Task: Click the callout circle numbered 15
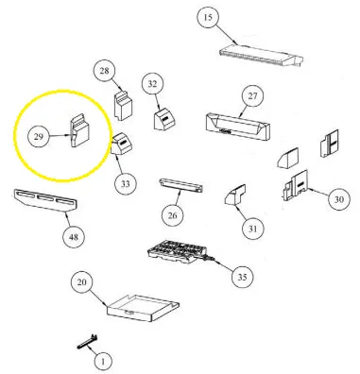[x=208, y=18]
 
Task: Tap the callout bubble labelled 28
[x=104, y=71]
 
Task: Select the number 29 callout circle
[x=39, y=137]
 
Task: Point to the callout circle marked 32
[x=152, y=84]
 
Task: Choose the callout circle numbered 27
[x=253, y=96]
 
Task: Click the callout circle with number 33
[x=126, y=184]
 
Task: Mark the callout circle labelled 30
[x=339, y=199]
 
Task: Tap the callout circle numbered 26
[x=173, y=215]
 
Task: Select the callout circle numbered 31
[x=253, y=229]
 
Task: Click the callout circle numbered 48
[x=74, y=237]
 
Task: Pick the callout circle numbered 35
[x=242, y=277]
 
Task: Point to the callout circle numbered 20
[x=82, y=282]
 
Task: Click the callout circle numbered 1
[x=103, y=362]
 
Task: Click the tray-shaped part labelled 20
[x=144, y=309]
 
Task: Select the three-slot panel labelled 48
[x=46, y=200]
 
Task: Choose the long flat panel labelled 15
[x=261, y=56]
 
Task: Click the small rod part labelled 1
[x=87, y=342]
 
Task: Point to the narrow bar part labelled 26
[x=181, y=185]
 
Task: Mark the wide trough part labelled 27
[x=237, y=126]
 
